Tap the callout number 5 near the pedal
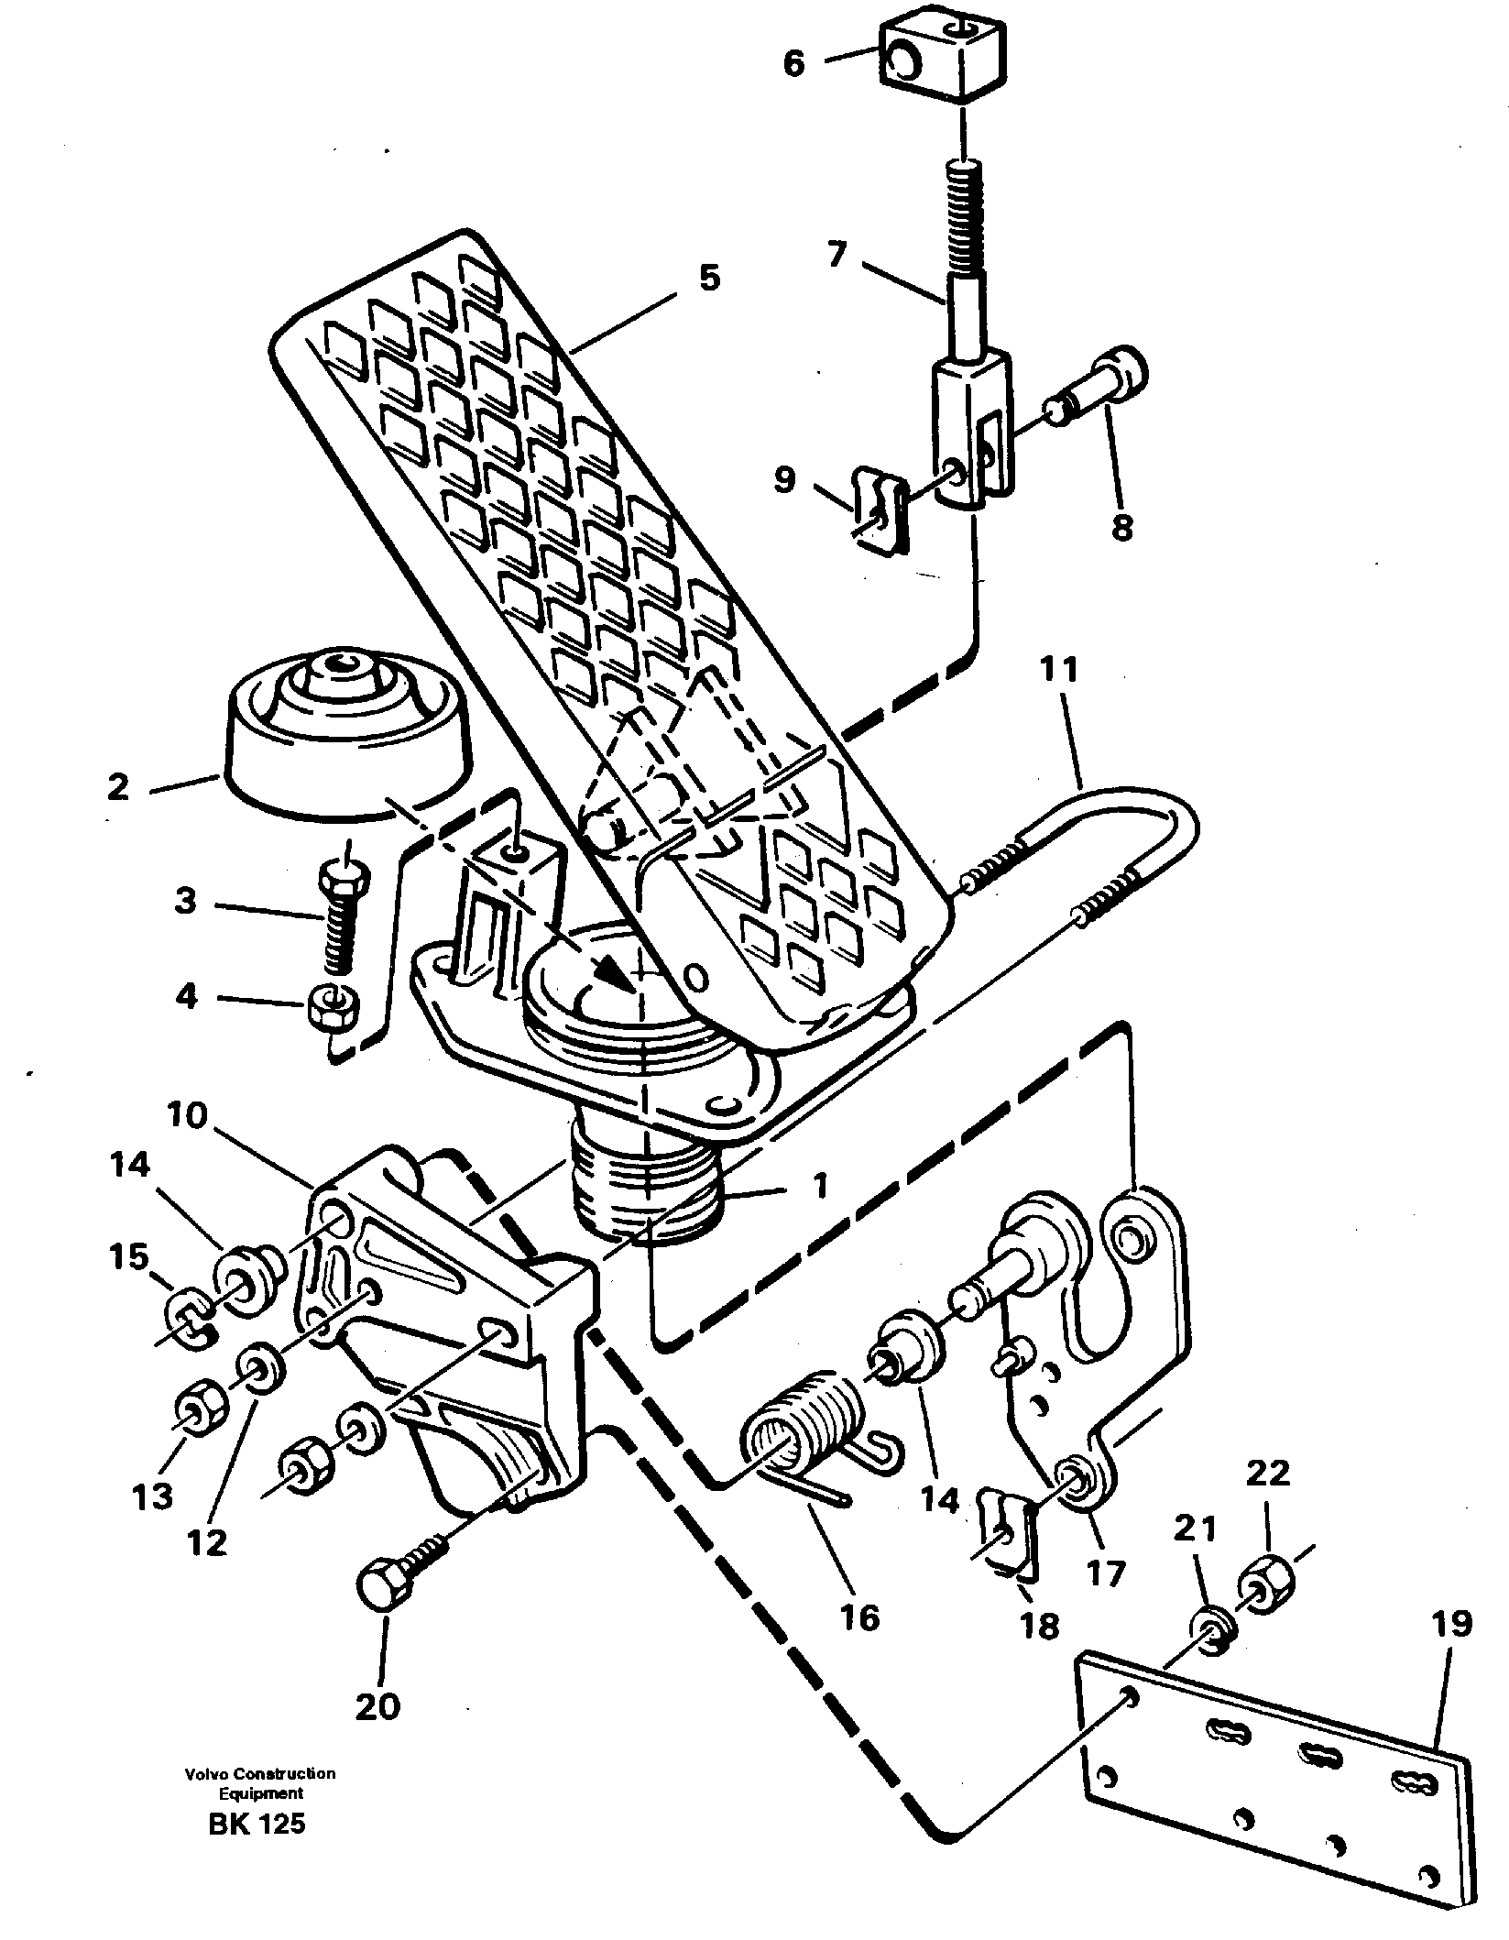[x=709, y=278]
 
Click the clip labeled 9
[x=877, y=510]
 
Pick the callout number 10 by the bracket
[x=187, y=1115]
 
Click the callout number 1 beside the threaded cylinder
[x=821, y=1187]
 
